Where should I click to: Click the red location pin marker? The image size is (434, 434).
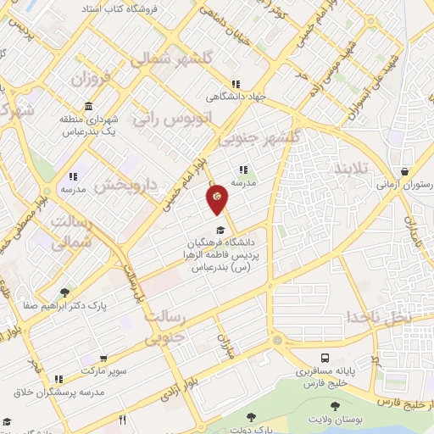218,198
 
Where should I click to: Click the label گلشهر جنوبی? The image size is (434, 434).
260,137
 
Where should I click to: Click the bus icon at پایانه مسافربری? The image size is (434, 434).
326,358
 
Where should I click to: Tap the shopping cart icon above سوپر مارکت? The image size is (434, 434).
103,359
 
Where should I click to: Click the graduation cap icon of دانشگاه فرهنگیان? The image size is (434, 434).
220,230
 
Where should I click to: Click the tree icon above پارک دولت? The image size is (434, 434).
251,417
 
